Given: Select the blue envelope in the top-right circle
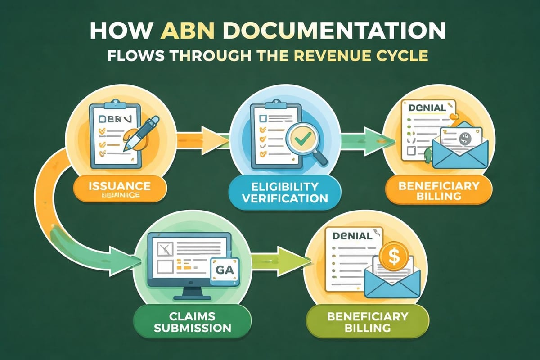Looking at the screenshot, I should [x=459, y=153].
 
